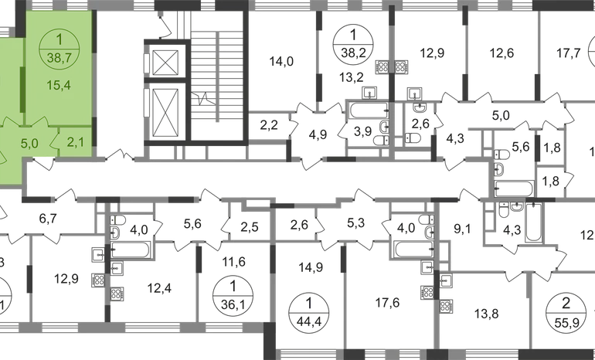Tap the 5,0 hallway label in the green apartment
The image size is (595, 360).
click(29, 143)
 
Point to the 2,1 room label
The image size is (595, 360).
click(76, 141)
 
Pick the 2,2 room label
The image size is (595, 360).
click(268, 124)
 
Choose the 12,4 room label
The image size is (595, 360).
click(159, 289)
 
